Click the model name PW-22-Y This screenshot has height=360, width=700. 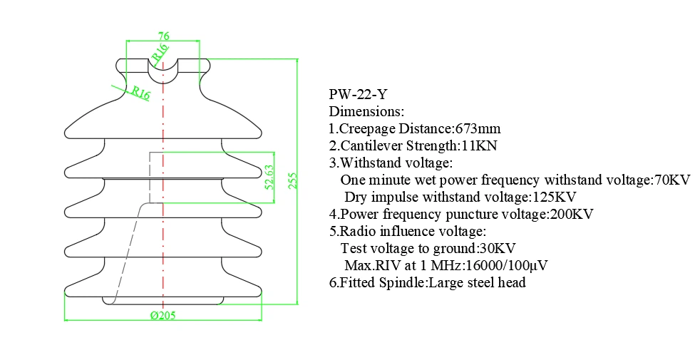pyautogui.click(x=357, y=94)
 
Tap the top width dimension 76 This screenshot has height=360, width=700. pyautogui.click(x=163, y=36)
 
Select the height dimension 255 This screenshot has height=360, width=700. pyautogui.click(x=293, y=180)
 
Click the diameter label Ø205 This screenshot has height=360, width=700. pyautogui.click(x=163, y=316)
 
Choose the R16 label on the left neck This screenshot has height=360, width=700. pyautogui.click(x=139, y=93)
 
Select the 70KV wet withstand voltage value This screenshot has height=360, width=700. pyautogui.click(x=672, y=180)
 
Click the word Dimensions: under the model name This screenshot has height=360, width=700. pyautogui.click(x=366, y=112)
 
